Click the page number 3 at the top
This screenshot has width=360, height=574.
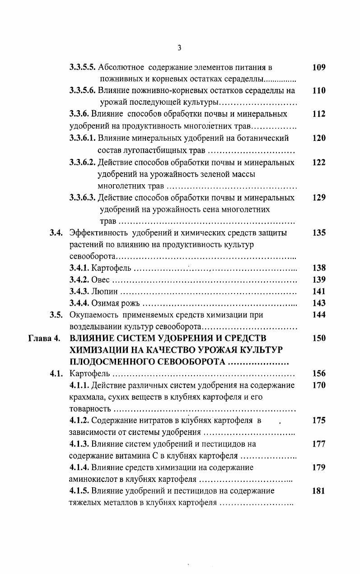179,48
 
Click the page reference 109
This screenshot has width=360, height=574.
318,68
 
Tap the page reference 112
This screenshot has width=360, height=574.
318,114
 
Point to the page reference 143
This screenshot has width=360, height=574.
318,303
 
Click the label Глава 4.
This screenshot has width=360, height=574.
44,338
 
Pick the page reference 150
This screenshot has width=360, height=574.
318,338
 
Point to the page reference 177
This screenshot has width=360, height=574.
318,444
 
